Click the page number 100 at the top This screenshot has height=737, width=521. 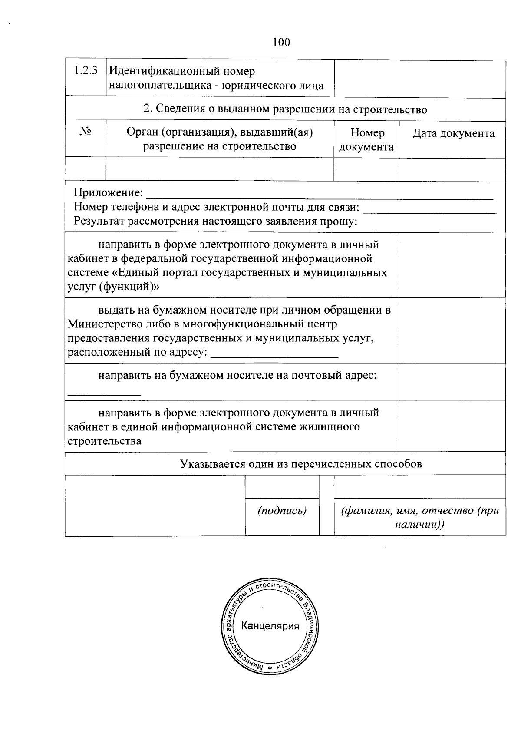point(281,42)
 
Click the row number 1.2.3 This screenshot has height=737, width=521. point(85,70)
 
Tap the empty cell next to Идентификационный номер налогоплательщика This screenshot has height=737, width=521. point(419,79)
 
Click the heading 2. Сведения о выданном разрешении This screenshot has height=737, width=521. point(285,109)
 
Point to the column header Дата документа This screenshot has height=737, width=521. point(453,133)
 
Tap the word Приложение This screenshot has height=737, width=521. point(108,192)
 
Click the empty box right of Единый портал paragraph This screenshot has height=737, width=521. point(452,265)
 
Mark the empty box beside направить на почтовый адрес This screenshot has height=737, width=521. point(452,381)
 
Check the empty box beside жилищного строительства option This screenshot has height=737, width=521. point(452,426)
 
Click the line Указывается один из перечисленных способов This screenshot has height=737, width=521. point(301,464)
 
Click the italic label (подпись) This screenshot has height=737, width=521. point(282,511)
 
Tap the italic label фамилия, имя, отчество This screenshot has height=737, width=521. point(420,517)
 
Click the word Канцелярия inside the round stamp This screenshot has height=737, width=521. point(270,626)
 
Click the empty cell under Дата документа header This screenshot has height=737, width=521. point(452,169)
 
